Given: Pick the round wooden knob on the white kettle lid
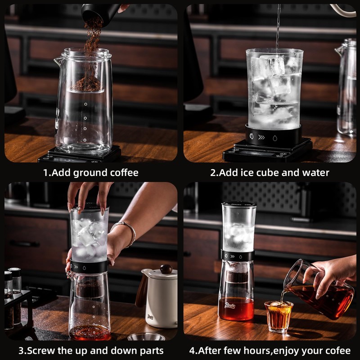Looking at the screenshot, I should click(166, 269).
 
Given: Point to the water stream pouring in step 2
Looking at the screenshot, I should click(278, 27).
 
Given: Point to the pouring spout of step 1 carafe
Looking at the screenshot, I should click(58, 60).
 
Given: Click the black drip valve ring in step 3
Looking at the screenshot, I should click(89, 266).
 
